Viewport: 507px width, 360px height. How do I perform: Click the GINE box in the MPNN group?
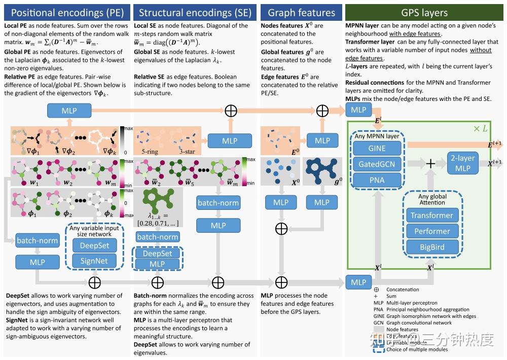click(x=377, y=148)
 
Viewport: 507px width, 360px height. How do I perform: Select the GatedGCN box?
click(x=377, y=164)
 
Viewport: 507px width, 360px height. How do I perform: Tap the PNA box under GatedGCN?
click(x=377, y=180)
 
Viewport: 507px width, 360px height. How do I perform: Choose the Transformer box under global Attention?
click(x=432, y=215)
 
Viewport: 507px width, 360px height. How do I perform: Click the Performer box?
click(x=432, y=231)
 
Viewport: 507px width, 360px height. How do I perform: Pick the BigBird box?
click(x=432, y=247)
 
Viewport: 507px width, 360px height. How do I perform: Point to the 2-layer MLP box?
click(x=462, y=163)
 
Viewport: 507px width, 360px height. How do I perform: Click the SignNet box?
click(x=94, y=261)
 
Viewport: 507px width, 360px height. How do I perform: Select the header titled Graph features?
click(x=301, y=13)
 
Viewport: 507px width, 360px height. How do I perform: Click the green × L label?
click(x=480, y=129)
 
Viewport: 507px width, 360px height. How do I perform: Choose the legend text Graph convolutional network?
click(x=419, y=322)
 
